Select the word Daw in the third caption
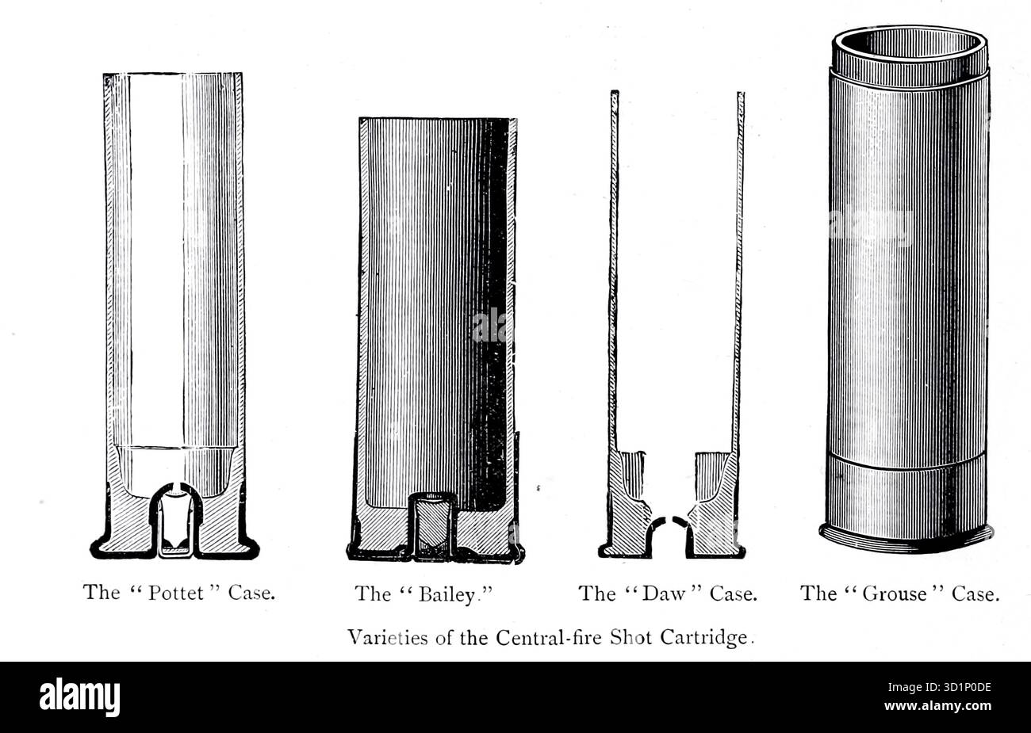pyautogui.click(x=665, y=594)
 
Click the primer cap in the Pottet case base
pyautogui.click(x=174, y=527)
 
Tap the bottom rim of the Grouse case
pyautogui.click(x=907, y=540)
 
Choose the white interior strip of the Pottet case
pyautogui.click(x=155, y=262)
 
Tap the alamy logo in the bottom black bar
pyautogui.click(x=79, y=697)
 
